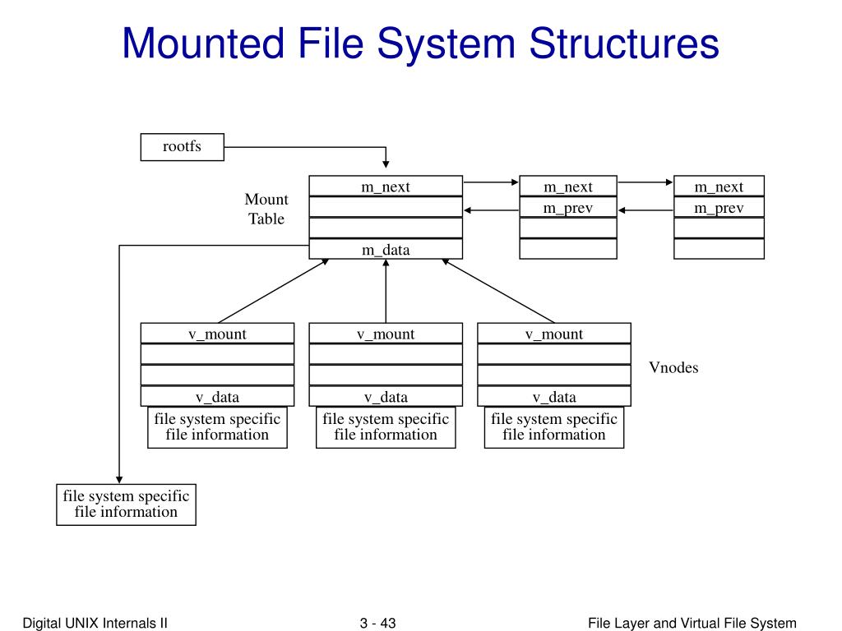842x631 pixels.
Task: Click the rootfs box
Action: (x=182, y=147)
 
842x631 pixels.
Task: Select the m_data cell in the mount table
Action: (x=386, y=250)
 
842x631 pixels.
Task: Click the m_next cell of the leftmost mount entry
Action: (x=386, y=187)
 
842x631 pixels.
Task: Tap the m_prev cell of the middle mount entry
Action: (x=567, y=208)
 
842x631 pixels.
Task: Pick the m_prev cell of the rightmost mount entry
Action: (x=719, y=208)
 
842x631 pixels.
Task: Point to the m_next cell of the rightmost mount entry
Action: (x=719, y=187)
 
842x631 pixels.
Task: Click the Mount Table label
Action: (x=266, y=209)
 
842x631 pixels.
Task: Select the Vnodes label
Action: (x=673, y=367)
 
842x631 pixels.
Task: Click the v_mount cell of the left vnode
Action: (x=217, y=334)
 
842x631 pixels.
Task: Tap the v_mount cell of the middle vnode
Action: (x=386, y=334)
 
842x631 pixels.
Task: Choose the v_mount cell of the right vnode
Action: (x=554, y=334)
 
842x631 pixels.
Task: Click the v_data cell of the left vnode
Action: (x=217, y=397)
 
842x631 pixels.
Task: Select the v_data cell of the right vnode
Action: (x=554, y=397)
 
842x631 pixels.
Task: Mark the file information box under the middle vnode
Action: (x=386, y=427)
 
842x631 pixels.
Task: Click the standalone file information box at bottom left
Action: (x=126, y=504)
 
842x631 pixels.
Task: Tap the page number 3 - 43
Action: (x=378, y=623)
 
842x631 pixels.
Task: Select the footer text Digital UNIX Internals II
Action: (x=95, y=623)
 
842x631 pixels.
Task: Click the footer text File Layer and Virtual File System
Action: (x=692, y=623)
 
